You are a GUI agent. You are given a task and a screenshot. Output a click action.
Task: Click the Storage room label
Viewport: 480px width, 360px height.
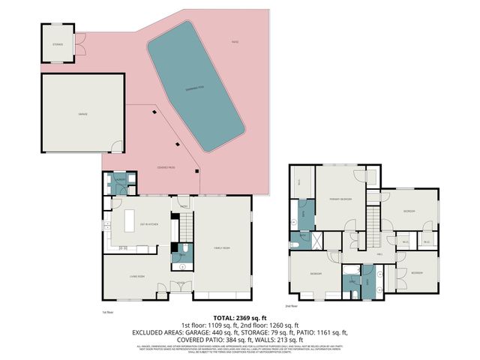tap(58, 45)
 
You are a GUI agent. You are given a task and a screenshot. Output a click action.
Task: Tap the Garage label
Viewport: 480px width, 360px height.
tap(82, 113)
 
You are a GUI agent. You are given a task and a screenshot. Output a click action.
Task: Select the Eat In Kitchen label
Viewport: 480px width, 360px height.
tap(148, 224)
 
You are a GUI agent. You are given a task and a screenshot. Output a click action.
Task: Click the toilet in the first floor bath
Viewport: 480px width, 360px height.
tap(183, 249)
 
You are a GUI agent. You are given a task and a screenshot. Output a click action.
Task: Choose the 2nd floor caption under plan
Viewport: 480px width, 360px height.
tap(292, 306)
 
